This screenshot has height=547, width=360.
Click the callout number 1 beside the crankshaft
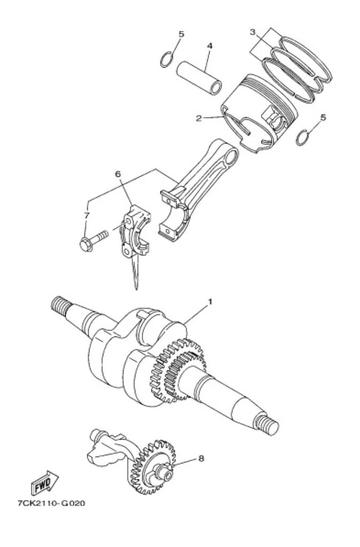point(209,302)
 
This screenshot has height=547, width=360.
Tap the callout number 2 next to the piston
point(199,118)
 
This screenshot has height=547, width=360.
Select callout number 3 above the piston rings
point(253,32)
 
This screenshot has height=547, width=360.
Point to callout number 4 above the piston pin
point(210,46)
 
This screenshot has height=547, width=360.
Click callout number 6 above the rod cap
point(118,174)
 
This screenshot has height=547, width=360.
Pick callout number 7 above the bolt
point(87,215)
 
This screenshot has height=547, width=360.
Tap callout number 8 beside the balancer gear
point(201,458)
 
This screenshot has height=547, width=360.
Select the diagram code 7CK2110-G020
point(51,503)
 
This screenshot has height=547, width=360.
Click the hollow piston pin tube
point(199,78)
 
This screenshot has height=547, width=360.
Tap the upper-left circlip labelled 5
point(166,59)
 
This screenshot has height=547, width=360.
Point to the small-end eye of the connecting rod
point(231,159)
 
